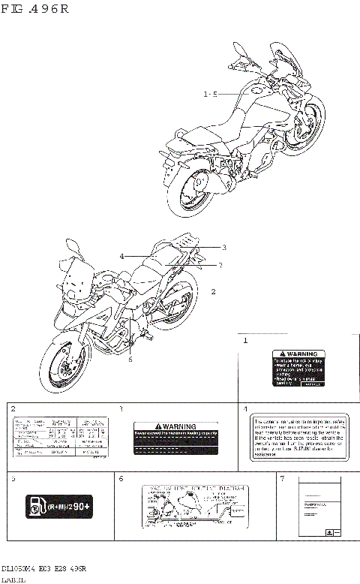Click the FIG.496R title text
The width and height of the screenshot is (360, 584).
(35, 9)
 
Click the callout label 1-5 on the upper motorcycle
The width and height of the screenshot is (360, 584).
(210, 94)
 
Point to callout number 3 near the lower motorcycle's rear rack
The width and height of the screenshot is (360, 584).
(223, 247)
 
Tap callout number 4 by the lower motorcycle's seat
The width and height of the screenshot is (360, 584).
(121, 256)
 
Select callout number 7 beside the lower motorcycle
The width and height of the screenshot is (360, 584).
(220, 265)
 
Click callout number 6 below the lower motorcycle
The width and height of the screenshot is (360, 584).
(130, 359)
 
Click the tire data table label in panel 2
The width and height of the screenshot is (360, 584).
(61, 435)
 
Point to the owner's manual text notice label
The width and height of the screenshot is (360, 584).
(299, 437)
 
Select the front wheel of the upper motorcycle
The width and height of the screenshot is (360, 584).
(310, 125)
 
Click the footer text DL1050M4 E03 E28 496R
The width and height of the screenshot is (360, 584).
(43, 568)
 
